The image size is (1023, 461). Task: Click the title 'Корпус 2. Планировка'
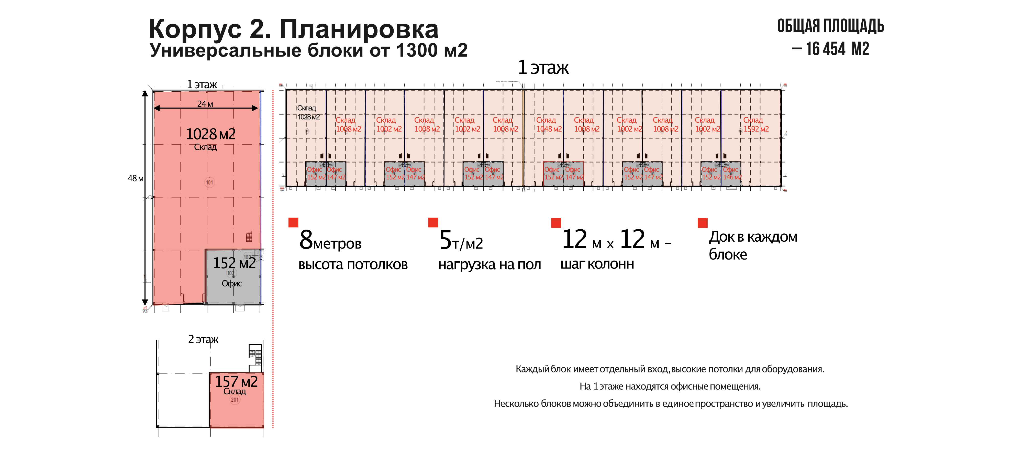click(x=294, y=29)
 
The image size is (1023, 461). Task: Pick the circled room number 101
click(x=209, y=183)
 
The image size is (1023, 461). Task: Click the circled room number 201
click(x=235, y=399)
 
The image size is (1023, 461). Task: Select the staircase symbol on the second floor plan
click(x=255, y=355)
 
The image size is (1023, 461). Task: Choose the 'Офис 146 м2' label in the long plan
click(x=731, y=173)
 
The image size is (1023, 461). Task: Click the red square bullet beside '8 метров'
click(x=293, y=222)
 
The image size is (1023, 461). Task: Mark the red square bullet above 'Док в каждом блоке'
click(x=703, y=223)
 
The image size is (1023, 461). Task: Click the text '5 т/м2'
click(x=461, y=241)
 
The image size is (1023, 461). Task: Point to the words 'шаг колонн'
click(x=597, y=264)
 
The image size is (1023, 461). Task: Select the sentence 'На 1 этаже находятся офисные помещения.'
click(x=670, y=386)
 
